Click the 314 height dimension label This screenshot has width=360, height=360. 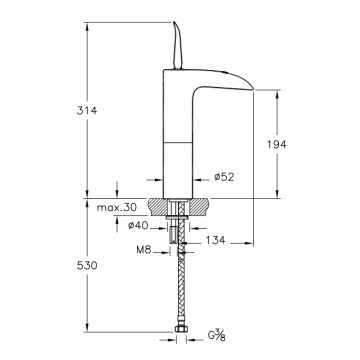(x=87, y=110)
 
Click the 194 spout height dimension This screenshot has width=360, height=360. (x=277, y=144)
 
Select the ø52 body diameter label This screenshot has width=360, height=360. (x=224, y=177)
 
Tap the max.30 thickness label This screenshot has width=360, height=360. (x=117, y=207)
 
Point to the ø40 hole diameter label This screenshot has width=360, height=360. (x=138, y=226)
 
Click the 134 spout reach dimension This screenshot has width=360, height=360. (x=215, y=240)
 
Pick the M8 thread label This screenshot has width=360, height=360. (x=144, y=250)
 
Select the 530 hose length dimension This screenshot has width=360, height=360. (x=87, y=266)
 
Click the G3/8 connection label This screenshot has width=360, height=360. (x=217, y=335)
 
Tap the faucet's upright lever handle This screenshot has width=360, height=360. (x=178, y=46)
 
